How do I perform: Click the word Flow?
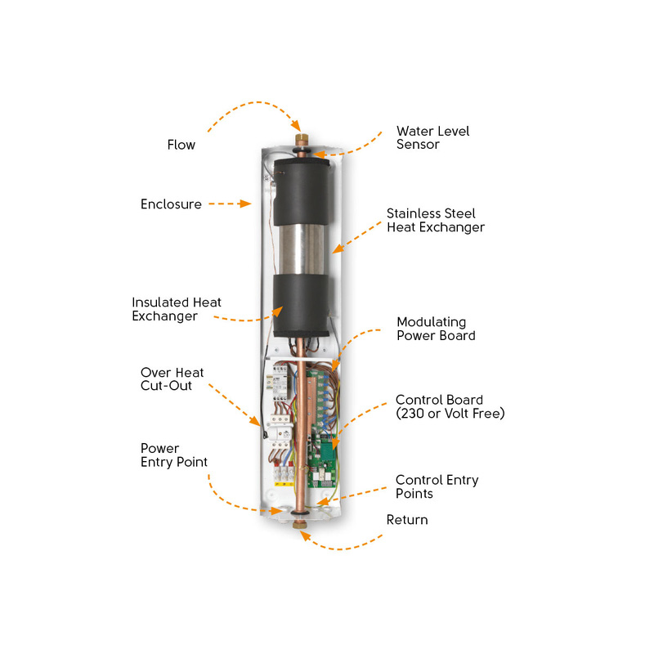point(181,145)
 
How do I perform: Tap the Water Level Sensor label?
point(432,137)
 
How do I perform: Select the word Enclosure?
point(171,204)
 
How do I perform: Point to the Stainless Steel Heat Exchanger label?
point(435,220)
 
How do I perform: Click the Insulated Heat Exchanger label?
point(176,309)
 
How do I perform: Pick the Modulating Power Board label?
point(435,328)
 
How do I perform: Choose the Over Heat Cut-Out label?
point(172,379)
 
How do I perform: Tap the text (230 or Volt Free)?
point(450,414)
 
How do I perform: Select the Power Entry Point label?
point(173,455)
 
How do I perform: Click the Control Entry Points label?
point(437,486)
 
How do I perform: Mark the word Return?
point(406,520)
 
